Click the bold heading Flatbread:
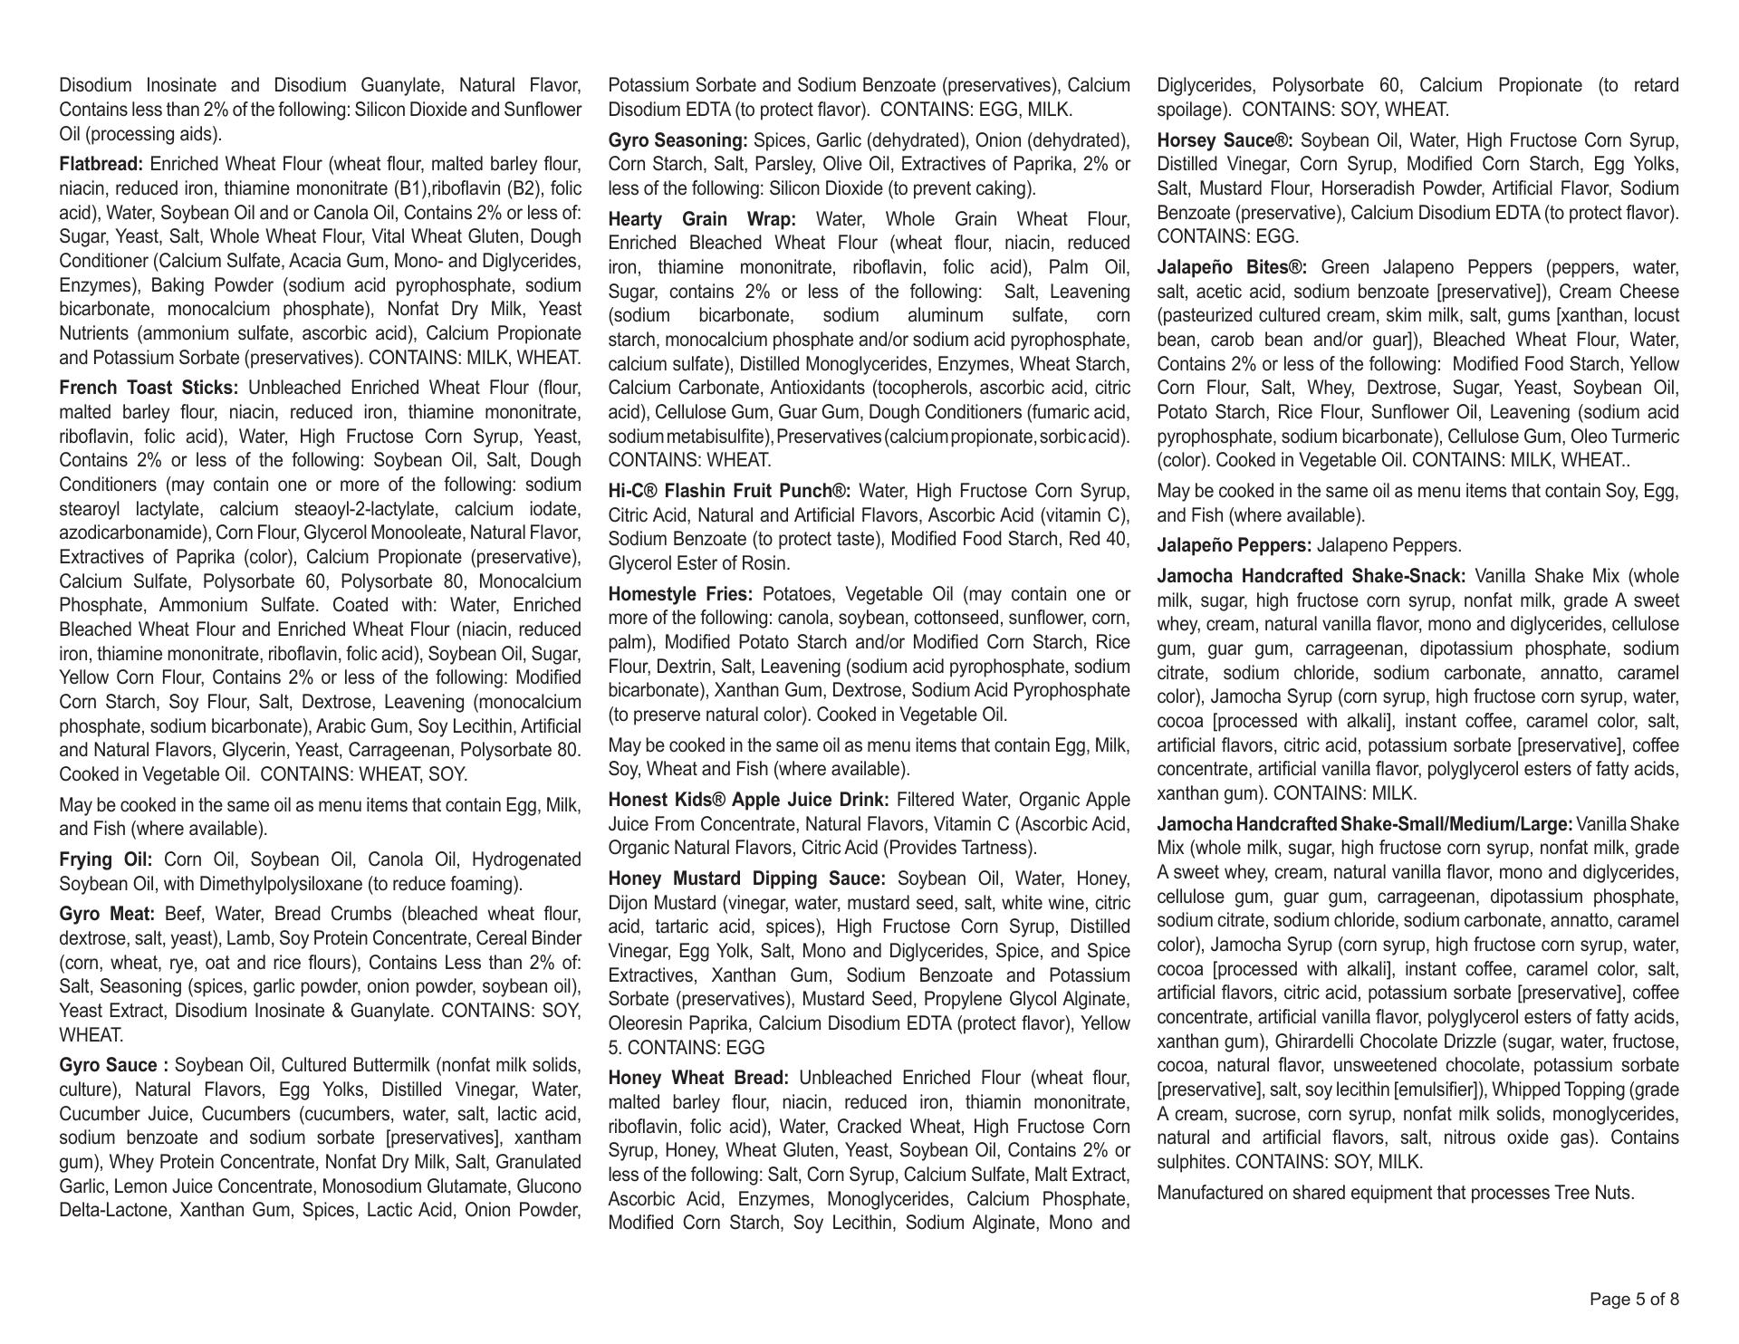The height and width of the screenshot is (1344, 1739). pyautogui.click(x=101, y=165)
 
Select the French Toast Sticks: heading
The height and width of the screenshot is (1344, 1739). pyautogui.click(x=149, y=389)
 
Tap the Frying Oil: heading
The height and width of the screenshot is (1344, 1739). pyautogui.click(x=106, y=859)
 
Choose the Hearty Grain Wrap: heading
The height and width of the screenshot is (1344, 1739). pyautogui.click(x=702, y=219)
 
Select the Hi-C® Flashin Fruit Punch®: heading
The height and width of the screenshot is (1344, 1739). pyautogui.click(x=729, y=492)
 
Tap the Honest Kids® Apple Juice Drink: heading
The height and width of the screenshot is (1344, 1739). pyautogui.click(x=749, y=801)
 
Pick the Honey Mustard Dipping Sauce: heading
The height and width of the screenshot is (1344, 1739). pyautogui.click(x=748, y=879)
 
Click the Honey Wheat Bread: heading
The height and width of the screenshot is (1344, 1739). pyautogui.click(x=699, y=1079)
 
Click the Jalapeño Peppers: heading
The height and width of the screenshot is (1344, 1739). pyautogui.click(x=1234, y=546)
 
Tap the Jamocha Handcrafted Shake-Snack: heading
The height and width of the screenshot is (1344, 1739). pyautogui.click(x=1311, y=577)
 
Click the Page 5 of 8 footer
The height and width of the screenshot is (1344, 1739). pyautogui.click(x=1634, y=1300)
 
